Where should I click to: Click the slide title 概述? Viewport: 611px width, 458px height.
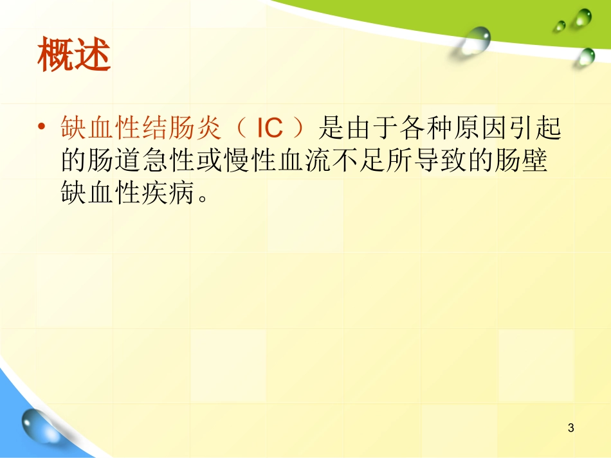pyautogui.click(x=74, y=55)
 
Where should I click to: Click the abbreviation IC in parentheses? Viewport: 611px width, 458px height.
pyautogui.click(x=269, y=129)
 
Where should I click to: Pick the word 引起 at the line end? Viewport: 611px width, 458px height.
pyautogui.click(x=546, y=129)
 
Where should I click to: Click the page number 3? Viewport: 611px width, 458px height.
pyautogui.click(x=570, y=428)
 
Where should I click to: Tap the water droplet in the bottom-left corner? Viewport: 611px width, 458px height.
pyautogui.click(x=35, y=427)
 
